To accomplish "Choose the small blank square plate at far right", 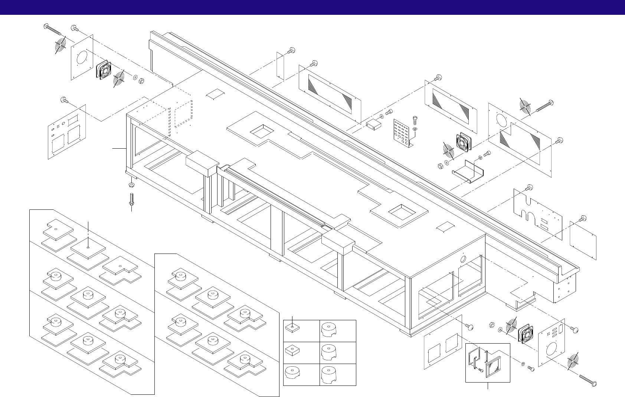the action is tap(583, 241).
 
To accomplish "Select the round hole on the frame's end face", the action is tap(463, 259).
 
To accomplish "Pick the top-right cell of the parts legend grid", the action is tap(337, 330).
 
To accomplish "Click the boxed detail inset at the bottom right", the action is tap(488, 362).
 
